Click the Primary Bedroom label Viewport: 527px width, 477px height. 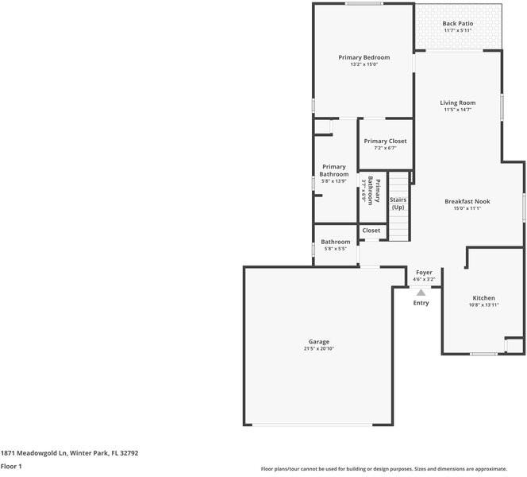tap(364, 57)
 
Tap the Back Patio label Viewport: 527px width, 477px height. tap(458, 24)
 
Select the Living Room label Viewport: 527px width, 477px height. tap(458, 103)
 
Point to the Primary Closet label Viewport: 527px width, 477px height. tap(385, 141)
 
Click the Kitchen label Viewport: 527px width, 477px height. tap(483, 298)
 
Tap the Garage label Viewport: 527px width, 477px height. tap(318, 342)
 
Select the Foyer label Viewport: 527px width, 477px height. tap(424, 272)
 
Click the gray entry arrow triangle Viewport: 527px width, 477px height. tap(421, 292)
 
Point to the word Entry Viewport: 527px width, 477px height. tap(421, 303)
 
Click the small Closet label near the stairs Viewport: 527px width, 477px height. tap(371, 231)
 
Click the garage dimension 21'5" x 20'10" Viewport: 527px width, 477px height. tap(318, 349)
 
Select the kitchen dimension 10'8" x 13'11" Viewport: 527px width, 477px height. tap(483, 305)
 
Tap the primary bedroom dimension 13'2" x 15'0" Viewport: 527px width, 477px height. tap(364, 64)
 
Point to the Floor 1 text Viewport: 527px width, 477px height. tap(11, 466)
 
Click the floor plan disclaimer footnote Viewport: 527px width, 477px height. tap(383, 469)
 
